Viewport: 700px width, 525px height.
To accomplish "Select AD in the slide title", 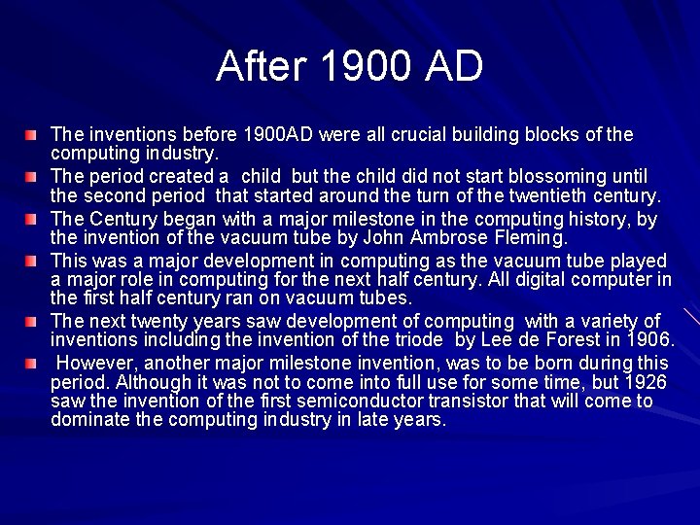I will pos(453,66).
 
